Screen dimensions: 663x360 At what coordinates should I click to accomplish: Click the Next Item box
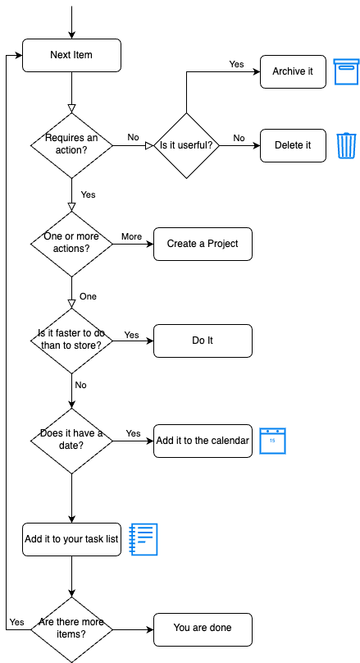pyautogui.click(x=71, y=55)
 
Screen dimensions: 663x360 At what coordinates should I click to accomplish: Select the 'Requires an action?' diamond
pyautogui.click(x=71, y=144)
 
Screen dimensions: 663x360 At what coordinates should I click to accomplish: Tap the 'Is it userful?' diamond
pyautogui.click(x=186, y=145)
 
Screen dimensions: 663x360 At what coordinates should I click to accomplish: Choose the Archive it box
pyautogui.click(x=293, y=71)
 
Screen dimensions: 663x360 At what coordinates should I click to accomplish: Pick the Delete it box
pyautogui.click(x=293, y=145)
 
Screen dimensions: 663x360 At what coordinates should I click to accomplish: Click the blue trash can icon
pyautogui.click(x=347, y=145)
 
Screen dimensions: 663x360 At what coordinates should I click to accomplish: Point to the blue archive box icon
pyautogui.click(x=346, y=71)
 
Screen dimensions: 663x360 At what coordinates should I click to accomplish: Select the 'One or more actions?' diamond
pyautogui.click(x=71, y=243)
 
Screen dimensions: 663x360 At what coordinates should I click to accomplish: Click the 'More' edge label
pyautogui.click(x=131, y=236)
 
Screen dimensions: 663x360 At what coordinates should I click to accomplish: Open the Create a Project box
pyautogui.click(x=203, y=244)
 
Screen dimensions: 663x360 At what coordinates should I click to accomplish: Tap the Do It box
pyautogui.click(x=203, y=341)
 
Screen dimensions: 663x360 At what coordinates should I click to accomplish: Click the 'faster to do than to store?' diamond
pyautogui.click(x=71, y=341)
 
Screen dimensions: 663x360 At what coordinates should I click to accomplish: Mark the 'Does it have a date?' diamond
pyautogui.click(x=71, y=440)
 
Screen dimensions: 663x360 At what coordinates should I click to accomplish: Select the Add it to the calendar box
pyautogui.click(x=203, y=441)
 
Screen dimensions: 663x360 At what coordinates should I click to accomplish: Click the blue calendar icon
pyautogui.click(x=272, y=441)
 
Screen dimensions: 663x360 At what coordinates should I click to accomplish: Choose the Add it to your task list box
pyautogui.click(x=71, y=539)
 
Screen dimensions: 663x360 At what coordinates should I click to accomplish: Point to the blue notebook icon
pyautogui.click(x=144, y=539)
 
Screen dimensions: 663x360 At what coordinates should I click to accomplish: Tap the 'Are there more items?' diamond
pyautogui.click(x=71, y=629)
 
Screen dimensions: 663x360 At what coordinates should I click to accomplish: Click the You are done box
pyautogui.click(x=203, y=629)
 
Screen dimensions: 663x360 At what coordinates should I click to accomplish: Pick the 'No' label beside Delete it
pyautogui.click(x=239, y=138)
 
